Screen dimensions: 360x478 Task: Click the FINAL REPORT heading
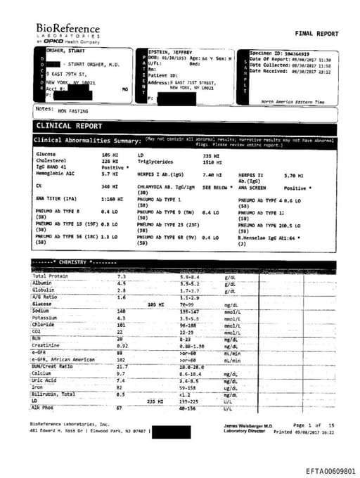[316, 34]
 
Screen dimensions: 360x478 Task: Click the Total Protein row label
[50, 276]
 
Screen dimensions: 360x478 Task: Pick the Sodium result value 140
[121, 310]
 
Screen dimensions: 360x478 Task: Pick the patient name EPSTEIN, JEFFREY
[171, 53]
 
